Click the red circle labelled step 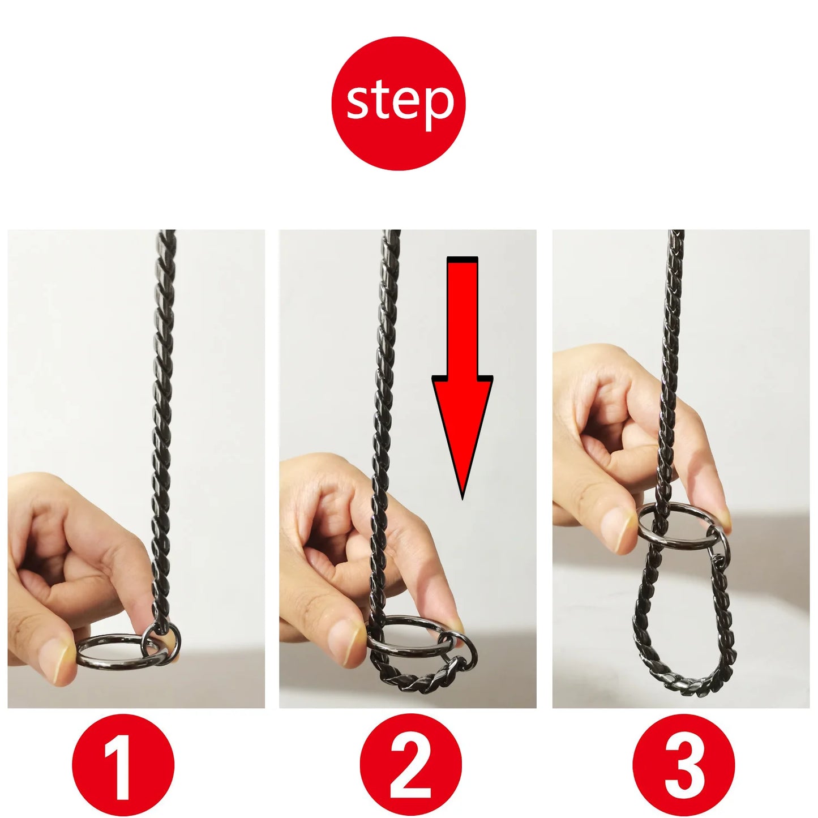pyautogui.click(x=398, y=104)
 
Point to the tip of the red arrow pyautogui.click(x=462, y=498)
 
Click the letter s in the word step pyautogui.click(x=359, y=102)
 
